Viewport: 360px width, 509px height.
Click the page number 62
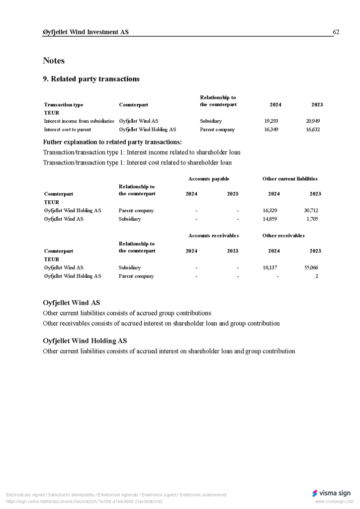point(336,32)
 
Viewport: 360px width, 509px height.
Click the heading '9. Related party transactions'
point(91,79)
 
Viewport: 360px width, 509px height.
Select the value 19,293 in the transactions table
point(271,121)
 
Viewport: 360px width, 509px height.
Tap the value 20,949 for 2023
point(313,121)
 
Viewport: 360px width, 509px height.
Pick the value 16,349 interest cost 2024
point(271,129)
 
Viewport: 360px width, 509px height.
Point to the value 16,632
point(313,129)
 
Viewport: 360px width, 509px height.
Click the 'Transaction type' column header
point(64,105)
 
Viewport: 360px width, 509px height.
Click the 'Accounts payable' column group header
point(209,179)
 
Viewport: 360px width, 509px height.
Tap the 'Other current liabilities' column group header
point(290,179)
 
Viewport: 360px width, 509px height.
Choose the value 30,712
point(311,210)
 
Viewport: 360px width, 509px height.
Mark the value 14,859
point(270,219)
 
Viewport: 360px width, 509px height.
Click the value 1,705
point(312,219)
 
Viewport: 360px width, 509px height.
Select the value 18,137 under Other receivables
point(270,267)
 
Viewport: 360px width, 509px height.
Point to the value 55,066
point(311,267)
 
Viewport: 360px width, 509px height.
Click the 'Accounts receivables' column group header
point(213,236)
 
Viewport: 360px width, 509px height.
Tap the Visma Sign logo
point(331,493)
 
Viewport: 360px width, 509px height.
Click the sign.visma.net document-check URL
point(84,502)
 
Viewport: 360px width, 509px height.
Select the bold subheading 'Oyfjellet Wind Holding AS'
point(85,341)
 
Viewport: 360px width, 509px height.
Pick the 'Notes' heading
point(54,61)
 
